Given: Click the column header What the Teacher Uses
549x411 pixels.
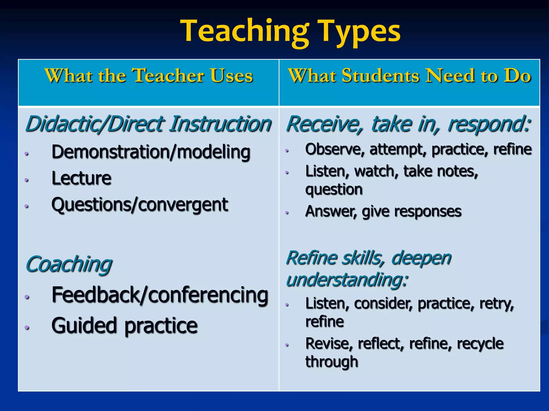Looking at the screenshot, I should point(149,75).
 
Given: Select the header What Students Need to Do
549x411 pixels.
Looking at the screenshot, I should point(409,75).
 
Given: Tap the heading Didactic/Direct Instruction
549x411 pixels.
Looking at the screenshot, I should point(148,124).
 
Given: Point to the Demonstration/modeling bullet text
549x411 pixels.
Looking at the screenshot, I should point(151,152).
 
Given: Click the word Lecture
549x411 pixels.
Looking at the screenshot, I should point(81,178).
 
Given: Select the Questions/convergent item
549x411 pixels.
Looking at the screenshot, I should point(139,205).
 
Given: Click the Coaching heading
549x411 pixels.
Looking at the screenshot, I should point(69,264).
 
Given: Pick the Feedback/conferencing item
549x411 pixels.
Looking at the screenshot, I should point(160,295).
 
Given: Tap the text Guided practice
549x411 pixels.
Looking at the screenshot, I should point(124,326).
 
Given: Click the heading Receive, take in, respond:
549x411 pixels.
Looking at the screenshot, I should point(408,124).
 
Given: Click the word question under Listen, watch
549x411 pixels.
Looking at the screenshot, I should point(334,189).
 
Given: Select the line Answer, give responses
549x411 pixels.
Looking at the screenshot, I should point(383,211).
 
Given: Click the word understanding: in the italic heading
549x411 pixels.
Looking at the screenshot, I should point(347,280).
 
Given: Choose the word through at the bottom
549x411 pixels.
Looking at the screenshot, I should point(332,362).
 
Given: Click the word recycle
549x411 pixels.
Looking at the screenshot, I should point(480,344).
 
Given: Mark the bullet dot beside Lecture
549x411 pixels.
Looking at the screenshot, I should point(26,180).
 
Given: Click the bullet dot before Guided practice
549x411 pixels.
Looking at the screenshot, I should point(26,327).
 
